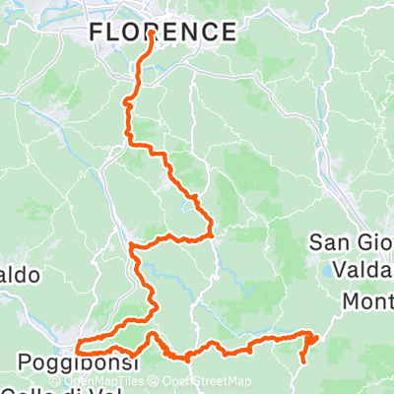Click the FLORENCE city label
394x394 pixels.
[x=163, y=33]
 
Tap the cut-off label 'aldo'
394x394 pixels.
[x=20, y=275]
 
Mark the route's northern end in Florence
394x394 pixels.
[x=152, y=33]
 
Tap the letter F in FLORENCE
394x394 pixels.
[x=96, y=33]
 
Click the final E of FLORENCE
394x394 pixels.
[x=229, y=33]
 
